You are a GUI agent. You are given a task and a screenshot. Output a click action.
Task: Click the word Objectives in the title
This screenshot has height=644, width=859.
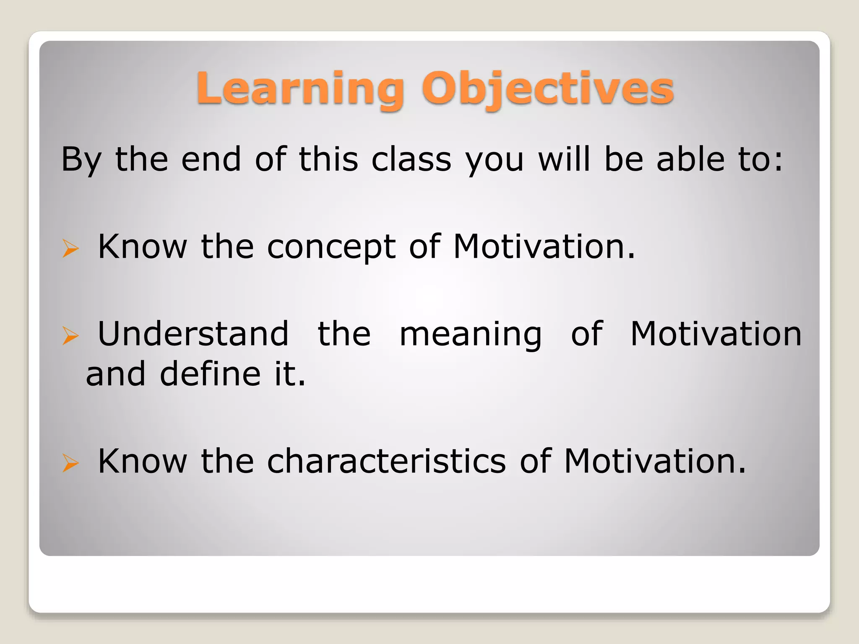[x=548, y=89]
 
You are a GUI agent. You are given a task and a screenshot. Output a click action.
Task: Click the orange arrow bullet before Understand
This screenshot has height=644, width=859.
[x=70, y=336]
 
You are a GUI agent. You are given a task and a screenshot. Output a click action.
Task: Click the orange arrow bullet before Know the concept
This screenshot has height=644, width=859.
[x=70, y=248]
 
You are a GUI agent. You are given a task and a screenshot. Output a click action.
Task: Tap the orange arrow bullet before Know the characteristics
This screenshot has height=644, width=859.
[x=70, y=463]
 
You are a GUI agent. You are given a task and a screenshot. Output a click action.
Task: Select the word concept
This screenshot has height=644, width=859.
[x=331, y=247]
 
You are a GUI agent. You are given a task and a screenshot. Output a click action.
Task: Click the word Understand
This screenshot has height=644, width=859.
[x=193, y=334]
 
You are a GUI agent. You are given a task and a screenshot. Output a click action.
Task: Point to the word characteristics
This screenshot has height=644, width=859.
[x=386, y=461]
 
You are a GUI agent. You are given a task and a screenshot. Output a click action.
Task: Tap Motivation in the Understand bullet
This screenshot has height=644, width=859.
[x=716, y=334]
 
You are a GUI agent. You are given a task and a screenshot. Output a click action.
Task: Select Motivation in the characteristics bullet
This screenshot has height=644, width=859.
[x=655, y=461]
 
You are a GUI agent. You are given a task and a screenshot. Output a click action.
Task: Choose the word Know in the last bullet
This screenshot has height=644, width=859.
[x=142, y=461]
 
